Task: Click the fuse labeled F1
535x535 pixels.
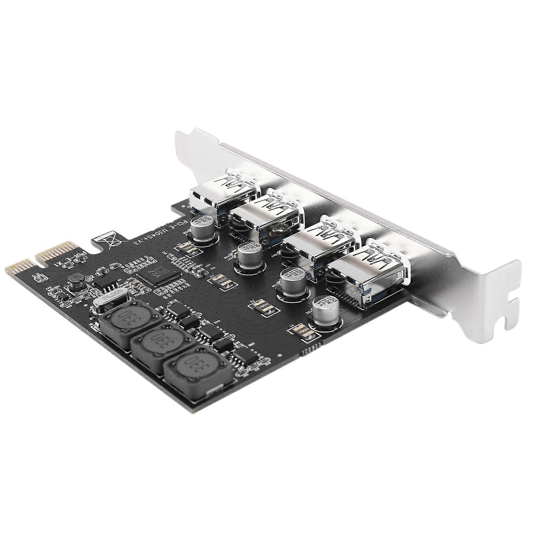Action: point(301,330)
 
